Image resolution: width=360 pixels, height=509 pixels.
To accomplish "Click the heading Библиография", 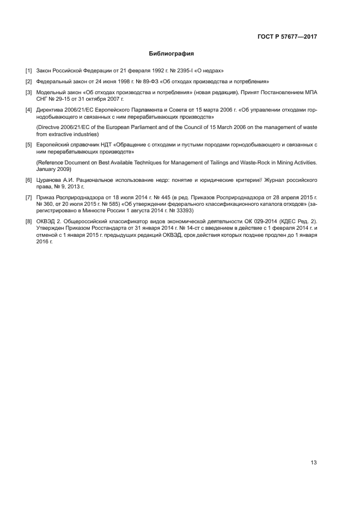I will tap(172, 54).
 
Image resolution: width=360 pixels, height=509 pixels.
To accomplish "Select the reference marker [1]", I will tap(28, 71).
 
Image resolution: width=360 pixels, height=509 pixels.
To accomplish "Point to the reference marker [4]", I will tap(28, 110).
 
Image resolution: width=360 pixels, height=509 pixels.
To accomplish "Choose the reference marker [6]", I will tap(28, 179).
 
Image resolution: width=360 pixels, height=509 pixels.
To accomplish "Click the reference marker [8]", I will tap(28, 220).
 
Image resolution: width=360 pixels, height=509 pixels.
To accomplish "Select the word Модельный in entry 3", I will tap(50, 93).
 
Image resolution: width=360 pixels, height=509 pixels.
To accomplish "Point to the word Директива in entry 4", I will tap(50, 110).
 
